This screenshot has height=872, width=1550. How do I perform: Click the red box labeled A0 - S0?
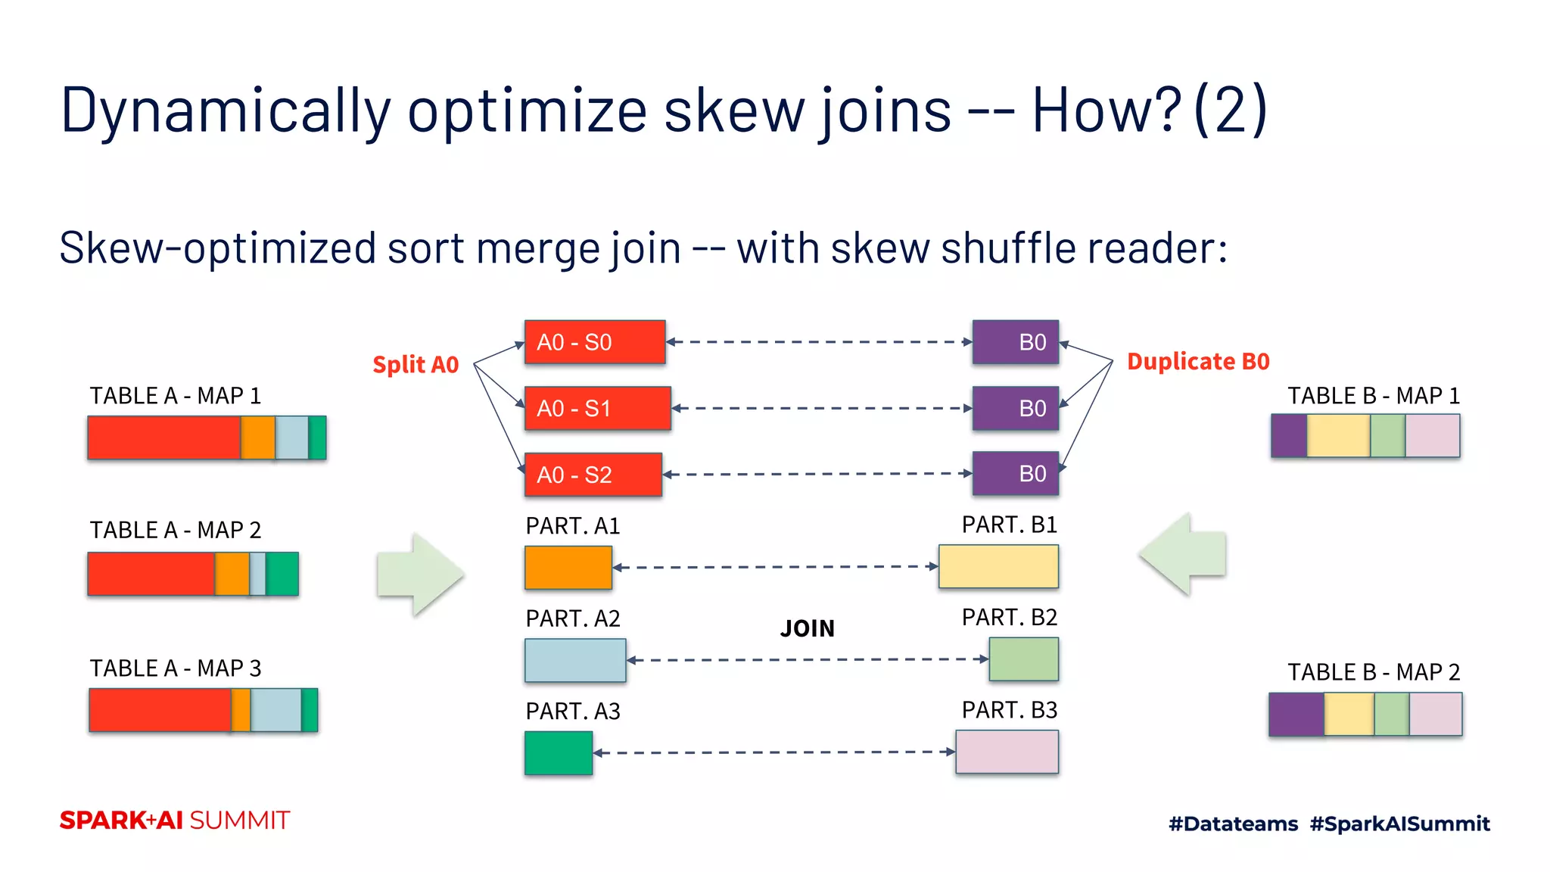pos(595,342)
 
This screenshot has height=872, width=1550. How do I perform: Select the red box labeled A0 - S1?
pos(597,409)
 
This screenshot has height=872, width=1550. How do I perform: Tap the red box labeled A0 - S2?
pos(593,475)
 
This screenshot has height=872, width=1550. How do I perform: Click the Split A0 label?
pos(416,365)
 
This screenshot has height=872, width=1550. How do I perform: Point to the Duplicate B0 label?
pos(1198,362)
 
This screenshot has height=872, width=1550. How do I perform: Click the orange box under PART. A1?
pos(568,568)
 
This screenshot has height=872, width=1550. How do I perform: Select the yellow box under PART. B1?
pos(998,566)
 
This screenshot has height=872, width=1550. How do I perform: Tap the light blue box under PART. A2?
pos(575,660)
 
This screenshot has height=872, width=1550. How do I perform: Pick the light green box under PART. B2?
pos(1023,659)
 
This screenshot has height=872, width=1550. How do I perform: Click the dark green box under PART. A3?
pos(559,752)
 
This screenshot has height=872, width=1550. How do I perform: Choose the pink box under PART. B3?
pos(1007,752)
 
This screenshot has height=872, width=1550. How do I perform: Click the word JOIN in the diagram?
pos(808,628)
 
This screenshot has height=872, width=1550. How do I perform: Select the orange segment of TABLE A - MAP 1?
pos(258,438)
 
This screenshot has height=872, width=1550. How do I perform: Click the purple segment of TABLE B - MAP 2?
pos(1296,714)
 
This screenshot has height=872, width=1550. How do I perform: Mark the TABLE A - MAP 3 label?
pos(176,668)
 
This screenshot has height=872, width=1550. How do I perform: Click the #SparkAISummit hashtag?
pos(1399,824)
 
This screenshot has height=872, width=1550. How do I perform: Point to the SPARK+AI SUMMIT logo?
pos(175,821)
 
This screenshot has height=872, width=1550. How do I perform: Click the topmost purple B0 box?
pos(1016,342)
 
